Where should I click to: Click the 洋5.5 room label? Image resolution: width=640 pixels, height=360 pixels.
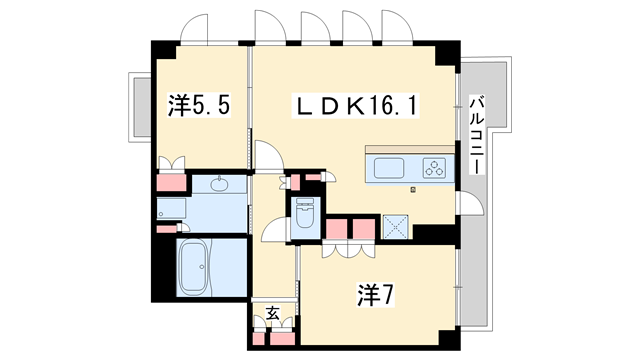pyautogui.click(x=199, y=106)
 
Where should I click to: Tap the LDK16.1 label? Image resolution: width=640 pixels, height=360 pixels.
pyautogui.click(x=355, y=106)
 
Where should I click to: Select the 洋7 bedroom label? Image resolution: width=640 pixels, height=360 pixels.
pyautogui.click(x=376, y=295)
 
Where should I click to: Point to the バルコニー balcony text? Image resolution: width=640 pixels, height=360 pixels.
pyautogui.click(x=477, y=135)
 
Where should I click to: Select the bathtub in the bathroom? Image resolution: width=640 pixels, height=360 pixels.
pyautogui.click(x=193, y=267)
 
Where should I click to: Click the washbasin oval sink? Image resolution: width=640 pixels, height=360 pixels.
pyautogui.click(x=220, y=184)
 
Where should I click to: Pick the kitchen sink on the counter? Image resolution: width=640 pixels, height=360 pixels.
pyautogui.click(x=389, y=168)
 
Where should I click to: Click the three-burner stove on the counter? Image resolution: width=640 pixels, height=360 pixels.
pyautogui.click(x=434, y=168)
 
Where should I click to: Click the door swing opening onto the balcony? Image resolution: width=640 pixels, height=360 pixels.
pyautogui.click(x=470, y=203)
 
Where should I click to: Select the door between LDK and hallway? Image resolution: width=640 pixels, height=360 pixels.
pyautogui.click(x=268, y=156)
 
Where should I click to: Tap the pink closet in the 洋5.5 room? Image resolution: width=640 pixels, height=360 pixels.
pyautogui.click(x=172, y=182)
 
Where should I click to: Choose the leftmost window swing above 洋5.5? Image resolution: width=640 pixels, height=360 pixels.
pyautogui.click(x=194, y=29)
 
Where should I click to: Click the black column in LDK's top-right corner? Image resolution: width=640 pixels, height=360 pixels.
pyautogui.click(x=447, y=53)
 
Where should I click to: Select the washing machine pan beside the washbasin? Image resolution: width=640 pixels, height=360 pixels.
pyautogui.click(x=171, y=209)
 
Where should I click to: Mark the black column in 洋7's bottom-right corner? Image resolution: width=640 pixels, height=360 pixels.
pyautogui.click(x=449, y=338)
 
